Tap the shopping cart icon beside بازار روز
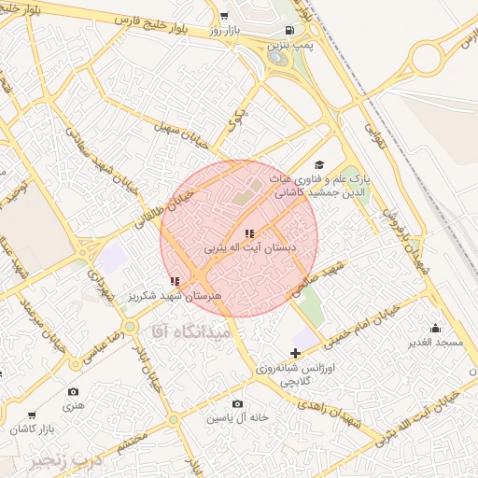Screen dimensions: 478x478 [x=224, y=16]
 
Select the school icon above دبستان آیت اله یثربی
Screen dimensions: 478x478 [x=248, y=233]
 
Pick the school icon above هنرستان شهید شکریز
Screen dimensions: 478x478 [x=175, y=280]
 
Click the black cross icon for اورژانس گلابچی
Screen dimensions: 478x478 [x=296, y=353]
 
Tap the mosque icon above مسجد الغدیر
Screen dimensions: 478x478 [x=435, y=328]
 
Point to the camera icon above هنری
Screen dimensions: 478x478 [x=74, y=392]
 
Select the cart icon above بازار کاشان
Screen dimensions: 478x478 [x=33, y=415]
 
